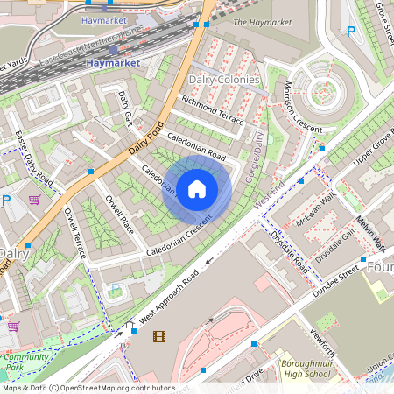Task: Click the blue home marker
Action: click(197, 189)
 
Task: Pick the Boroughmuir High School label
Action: click(306, 369)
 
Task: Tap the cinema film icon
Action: click(158, 336)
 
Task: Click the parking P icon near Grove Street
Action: click(351, 32)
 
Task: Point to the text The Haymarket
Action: click(263, 22)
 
